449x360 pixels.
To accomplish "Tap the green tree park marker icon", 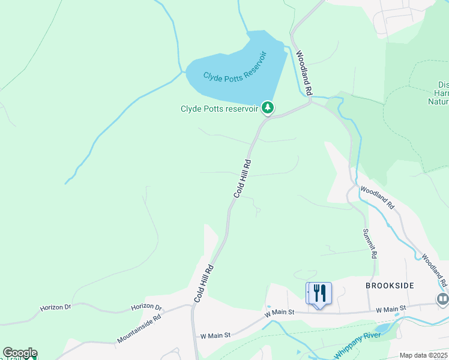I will [x=268, y=108].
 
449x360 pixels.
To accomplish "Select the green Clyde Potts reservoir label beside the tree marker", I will [x=219, y=109].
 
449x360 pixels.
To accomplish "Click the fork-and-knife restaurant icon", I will [x=319, y=293].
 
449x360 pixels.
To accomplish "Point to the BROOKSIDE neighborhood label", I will [x=390, y=286].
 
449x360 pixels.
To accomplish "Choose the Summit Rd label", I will [x=370, y=243].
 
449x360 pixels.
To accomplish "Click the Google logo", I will [x=20, y=353].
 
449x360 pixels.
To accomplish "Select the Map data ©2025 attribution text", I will [x=423, y=355].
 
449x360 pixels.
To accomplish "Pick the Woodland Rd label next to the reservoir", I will [x=304, y=74].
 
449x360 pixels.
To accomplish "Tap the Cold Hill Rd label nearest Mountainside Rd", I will [x=203, y=283].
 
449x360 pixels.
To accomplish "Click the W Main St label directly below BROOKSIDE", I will [x=391, y=309].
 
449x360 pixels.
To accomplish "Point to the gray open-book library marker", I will [x=443, y=298].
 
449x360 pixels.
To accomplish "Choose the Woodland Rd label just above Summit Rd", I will [x=377, y=197].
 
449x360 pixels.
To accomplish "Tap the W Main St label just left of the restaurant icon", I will [x=279, y=313].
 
